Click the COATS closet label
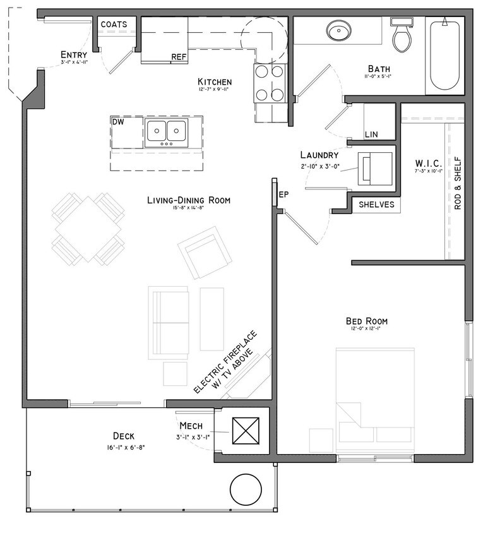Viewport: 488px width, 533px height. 114,25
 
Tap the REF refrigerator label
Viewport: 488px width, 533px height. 179,57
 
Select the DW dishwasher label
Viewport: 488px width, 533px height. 119,121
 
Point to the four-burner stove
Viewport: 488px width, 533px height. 270,83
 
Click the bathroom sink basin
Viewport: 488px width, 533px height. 339,30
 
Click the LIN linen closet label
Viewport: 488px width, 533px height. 372,134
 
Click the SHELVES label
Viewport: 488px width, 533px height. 376,205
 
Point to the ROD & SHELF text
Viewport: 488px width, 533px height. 458,188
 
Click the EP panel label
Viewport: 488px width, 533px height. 283,195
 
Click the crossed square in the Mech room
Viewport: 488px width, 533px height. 243,431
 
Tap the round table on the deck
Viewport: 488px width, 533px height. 245,490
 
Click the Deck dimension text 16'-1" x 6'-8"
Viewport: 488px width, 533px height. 124,448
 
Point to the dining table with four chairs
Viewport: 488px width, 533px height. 88,229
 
